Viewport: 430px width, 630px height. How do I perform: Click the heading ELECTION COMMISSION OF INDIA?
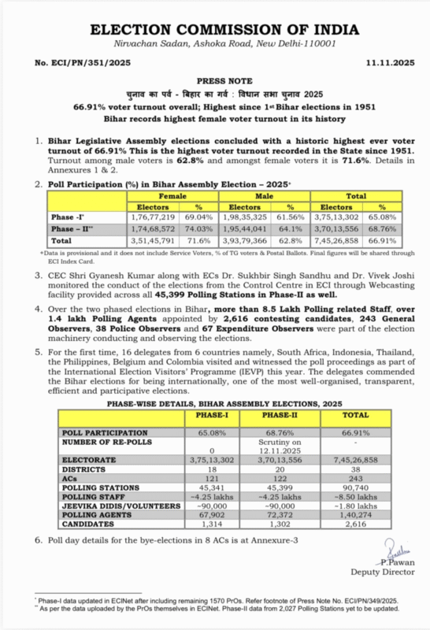pyautogui.click(x=215, y=28)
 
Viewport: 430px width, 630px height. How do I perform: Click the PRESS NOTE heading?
pyautogui.click(x=214, y=80)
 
